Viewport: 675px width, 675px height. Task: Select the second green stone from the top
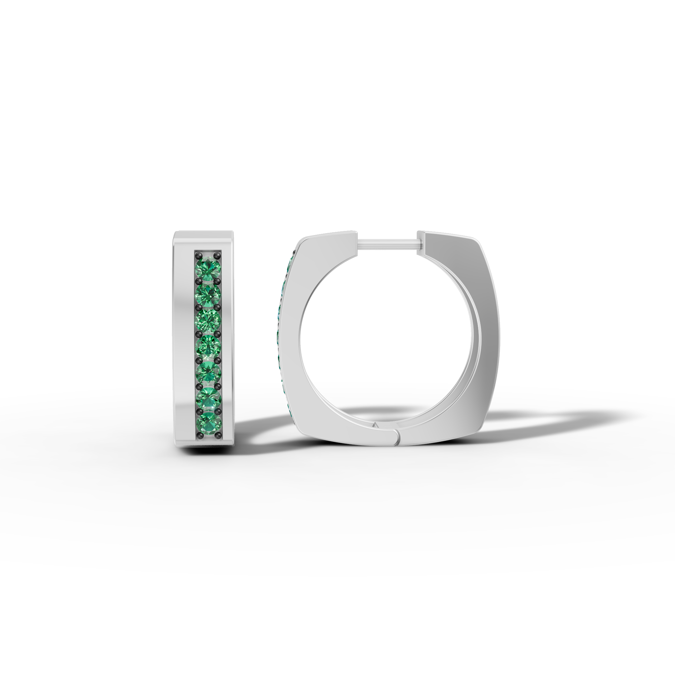pyautogui.click(x=208, y=294)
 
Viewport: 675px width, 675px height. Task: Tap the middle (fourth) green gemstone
pyautogui.click(x=208, y=347)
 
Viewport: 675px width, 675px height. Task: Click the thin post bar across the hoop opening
pyautogui.click(x=387, y=243)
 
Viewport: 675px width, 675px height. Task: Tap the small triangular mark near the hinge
pyautogui.click(x=376, y=426)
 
